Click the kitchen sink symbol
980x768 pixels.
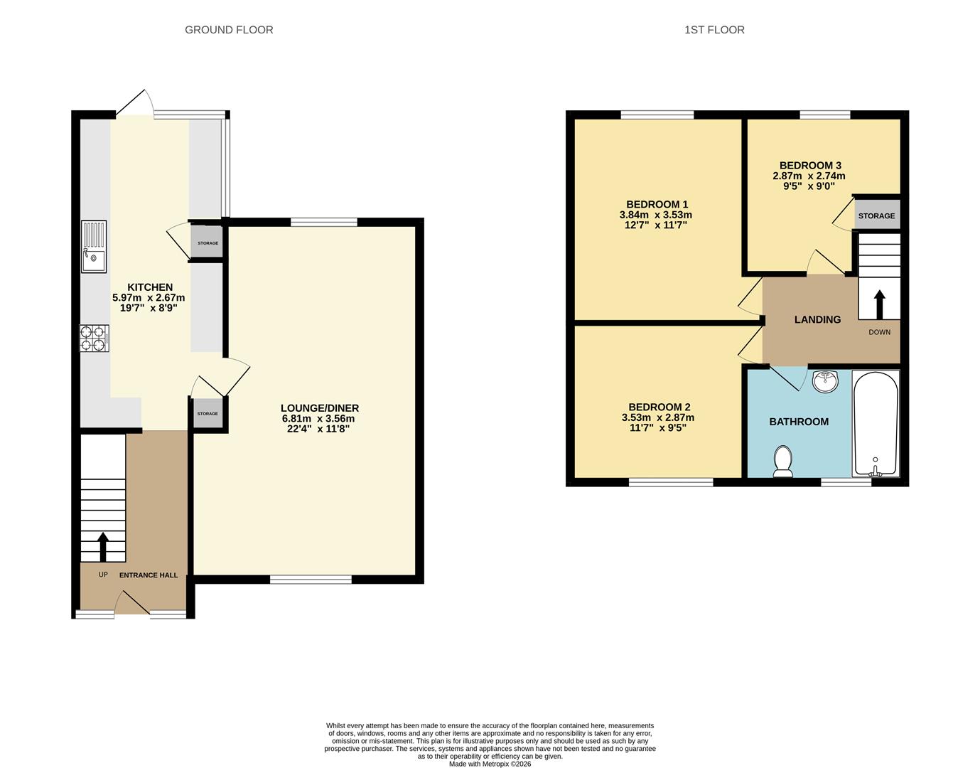pyautogui.click(x=93, y=246)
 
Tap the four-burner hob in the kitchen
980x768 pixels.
pyautogui.click(x=94, y=338)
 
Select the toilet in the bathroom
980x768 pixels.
pyautogui.click(x=783, y=461)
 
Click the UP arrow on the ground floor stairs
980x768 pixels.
pyautogui.click(x=102, y=547)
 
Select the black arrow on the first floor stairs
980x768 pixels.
pyautogui.click(x=879, y=304)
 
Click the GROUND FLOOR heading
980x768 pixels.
pyautogui.click(x=229, y=30)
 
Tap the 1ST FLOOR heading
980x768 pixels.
pyautogui.click(x=714, y=30)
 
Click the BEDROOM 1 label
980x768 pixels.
pyautogui.click(x=657, y=204)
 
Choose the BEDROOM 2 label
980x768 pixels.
pyautogui.click(x=658, y=407)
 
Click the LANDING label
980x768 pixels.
pyautogui.click(x=817, y=320)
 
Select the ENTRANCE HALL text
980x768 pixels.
pyautogui.click(x=149, y=575)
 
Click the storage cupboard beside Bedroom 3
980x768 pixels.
pyautogui.click(x=876, y=215)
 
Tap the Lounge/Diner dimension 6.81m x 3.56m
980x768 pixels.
pyautogui.click(x=319, y=419)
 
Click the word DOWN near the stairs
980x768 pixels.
pyautogui.click(x=879, y=332)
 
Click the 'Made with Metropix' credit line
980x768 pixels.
pyautogui.click(x=490, y=764)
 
